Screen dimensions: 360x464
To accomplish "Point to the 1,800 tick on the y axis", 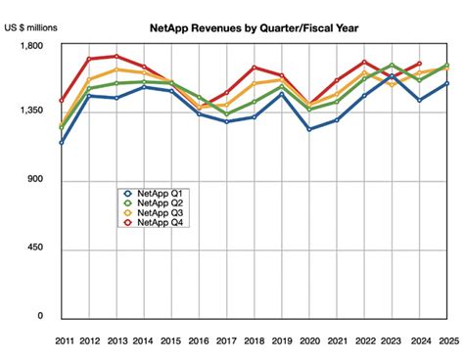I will (x=32, y=46).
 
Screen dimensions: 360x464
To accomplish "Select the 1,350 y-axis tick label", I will (x=32, y=113).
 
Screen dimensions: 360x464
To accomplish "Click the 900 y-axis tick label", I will (x=36, y=181).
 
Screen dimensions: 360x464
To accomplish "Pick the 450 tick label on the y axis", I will (x=36, y=248).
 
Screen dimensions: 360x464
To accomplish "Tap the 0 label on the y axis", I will (x=41, y=316).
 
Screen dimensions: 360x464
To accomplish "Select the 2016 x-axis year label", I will (x=199, y=338).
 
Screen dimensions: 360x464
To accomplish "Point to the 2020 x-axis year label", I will (x=309, y=338).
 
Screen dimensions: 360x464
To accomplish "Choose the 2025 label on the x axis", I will (x=446, y=338).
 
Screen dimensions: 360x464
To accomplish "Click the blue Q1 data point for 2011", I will (x=62, y=143).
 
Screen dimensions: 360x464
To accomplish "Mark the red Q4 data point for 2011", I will (x=62, y=101).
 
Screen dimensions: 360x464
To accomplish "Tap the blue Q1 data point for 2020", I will (x=309, y=129).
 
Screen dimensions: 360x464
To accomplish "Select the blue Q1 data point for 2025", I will (x=446, y=83).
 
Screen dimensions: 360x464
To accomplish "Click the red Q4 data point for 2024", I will (x=419, y=64).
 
